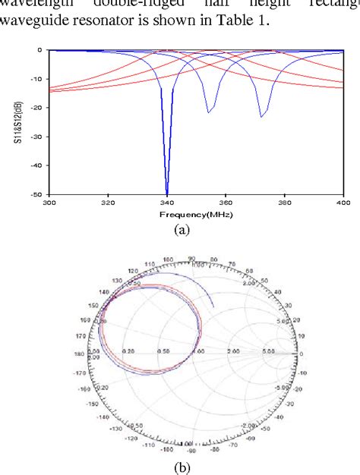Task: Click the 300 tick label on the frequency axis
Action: click(49, 203)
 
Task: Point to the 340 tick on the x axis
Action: click(166, 203)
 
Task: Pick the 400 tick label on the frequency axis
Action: click(343, 203)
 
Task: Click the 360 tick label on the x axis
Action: click(225, 203)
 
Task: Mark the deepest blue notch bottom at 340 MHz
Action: click(166, 193)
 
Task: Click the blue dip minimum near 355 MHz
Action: click(209, 112)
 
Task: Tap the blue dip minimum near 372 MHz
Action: click(261, 116)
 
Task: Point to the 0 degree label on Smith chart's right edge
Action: click(302, 354)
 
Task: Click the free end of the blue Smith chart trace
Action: click(213, 307)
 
